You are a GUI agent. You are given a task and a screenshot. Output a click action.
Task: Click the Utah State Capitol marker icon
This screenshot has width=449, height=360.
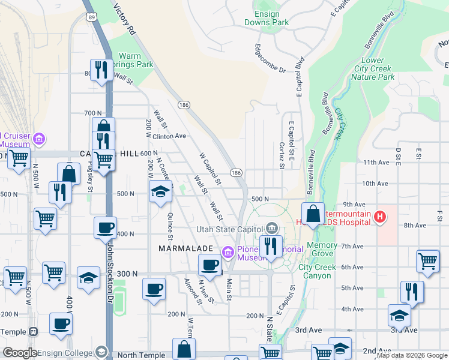[272, 228]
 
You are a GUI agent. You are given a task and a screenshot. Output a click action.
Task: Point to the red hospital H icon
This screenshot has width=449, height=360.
[379, 217]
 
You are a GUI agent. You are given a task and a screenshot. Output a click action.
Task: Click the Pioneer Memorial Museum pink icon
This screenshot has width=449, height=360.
[228, 253]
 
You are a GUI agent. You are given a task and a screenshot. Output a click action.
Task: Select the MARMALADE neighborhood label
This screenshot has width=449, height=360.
[185, 248]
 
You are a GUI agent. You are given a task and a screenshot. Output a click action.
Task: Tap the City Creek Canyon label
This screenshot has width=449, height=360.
[315, 271]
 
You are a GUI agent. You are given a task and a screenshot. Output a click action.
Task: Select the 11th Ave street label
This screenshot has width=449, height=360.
[376, 163]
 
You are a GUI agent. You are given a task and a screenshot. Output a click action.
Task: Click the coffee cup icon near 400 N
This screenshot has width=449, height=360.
[106, 227]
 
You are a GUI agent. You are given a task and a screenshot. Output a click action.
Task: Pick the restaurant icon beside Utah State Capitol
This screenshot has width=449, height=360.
[271, 245]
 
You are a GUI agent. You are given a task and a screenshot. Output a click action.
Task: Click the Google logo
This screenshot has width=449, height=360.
[20, 353]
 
